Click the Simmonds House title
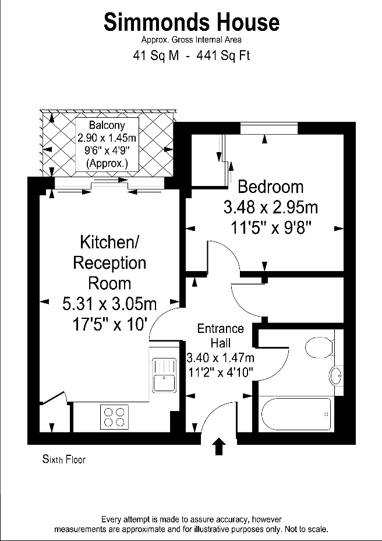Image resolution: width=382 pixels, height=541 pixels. click(192, 22)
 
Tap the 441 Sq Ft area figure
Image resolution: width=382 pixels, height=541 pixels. click(223, 55)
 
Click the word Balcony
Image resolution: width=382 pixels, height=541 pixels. click(107, 125)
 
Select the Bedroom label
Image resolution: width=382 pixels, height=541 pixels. click(271, 187)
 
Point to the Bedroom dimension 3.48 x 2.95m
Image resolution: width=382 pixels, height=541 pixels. click(271, 208)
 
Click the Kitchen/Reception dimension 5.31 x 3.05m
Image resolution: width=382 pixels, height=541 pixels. click(109, 304)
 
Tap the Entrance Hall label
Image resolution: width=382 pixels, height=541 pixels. click(221, 335)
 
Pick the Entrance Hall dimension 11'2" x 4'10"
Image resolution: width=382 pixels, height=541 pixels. click(221, 373)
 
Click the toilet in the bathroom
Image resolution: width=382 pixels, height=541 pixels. click(319, 347)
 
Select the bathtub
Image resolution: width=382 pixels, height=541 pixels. click(296, 414)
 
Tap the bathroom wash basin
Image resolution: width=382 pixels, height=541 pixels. click(335, 375)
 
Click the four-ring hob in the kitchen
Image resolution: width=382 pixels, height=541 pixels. click(114, 417)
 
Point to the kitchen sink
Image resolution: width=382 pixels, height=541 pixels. click(164, 375)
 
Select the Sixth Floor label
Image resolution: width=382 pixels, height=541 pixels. click(64, 459)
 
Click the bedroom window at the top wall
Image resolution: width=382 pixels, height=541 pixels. click(269, 128)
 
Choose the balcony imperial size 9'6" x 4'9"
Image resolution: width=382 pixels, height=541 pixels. click(107, 150)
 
